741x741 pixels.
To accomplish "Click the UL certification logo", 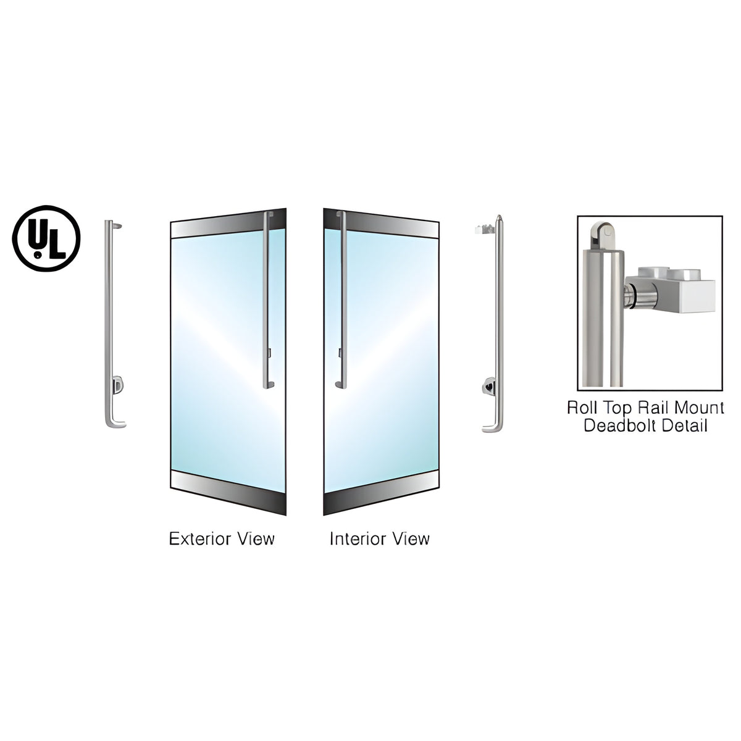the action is tap(46, 238).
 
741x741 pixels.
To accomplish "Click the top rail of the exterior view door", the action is tap(228, 224).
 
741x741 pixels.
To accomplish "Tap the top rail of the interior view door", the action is tap(381, 224).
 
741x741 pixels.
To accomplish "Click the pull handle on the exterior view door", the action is tap(266, 300).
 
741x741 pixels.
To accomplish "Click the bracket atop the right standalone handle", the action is tap(485, 230).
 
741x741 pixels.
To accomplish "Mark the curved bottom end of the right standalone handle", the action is tap(492, 427).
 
